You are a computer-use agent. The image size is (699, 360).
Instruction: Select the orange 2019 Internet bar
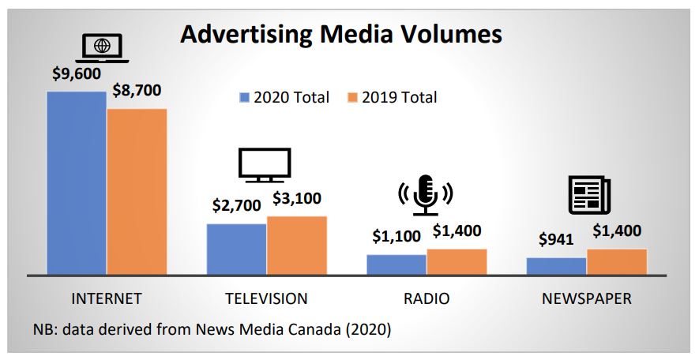point(137,192)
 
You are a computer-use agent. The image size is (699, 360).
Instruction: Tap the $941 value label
point(557,240)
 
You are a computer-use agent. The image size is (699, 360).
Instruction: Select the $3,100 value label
point(297,199)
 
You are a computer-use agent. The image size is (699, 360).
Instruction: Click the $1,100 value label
point(397,237)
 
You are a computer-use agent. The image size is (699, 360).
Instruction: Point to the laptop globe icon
point(102,47)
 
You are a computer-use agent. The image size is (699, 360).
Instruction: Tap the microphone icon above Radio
point(427,194)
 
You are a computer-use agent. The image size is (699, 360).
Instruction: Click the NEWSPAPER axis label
point(587,298)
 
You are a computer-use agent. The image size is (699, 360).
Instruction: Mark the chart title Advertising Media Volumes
point(340,34)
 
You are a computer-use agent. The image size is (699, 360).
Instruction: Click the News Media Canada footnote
point(212,329)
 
